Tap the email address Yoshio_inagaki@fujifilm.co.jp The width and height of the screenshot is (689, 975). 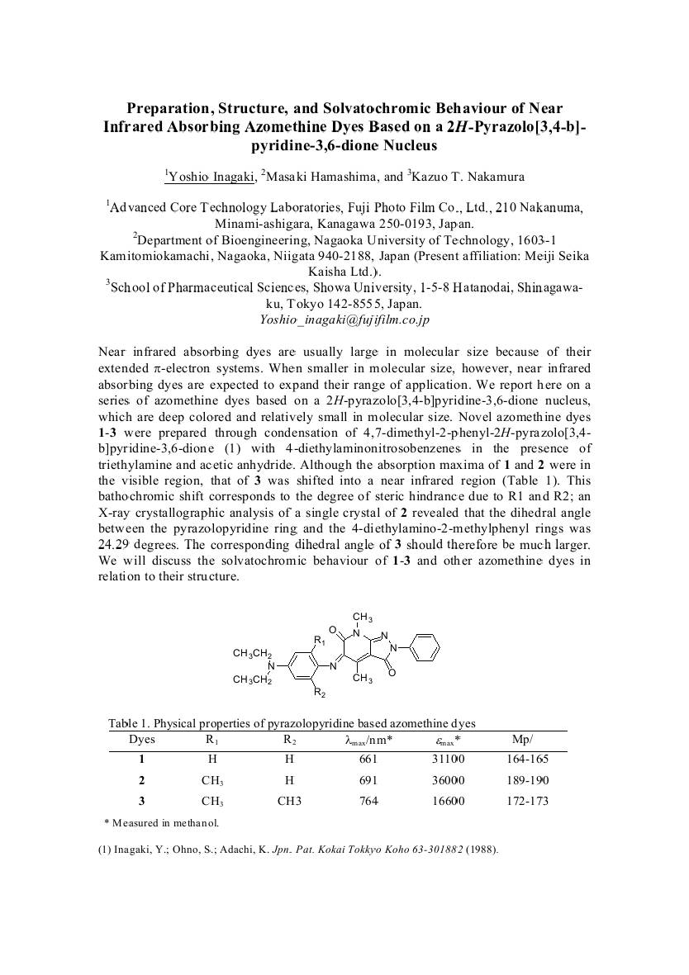tap(344, 319)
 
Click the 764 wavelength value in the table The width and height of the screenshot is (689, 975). tap(368, 801)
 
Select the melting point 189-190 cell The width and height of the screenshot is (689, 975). tap(526, 780)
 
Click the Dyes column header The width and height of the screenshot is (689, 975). tap(141, 739)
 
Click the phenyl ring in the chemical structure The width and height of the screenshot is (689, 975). tap(425, 646)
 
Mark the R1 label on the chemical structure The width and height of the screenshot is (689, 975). tap(319, 639)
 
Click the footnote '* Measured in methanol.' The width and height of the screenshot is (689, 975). tap(161, 822)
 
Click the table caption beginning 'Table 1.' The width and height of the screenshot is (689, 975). tap(292, 723)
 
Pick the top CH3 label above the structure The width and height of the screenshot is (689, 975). tap(363, 618)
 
